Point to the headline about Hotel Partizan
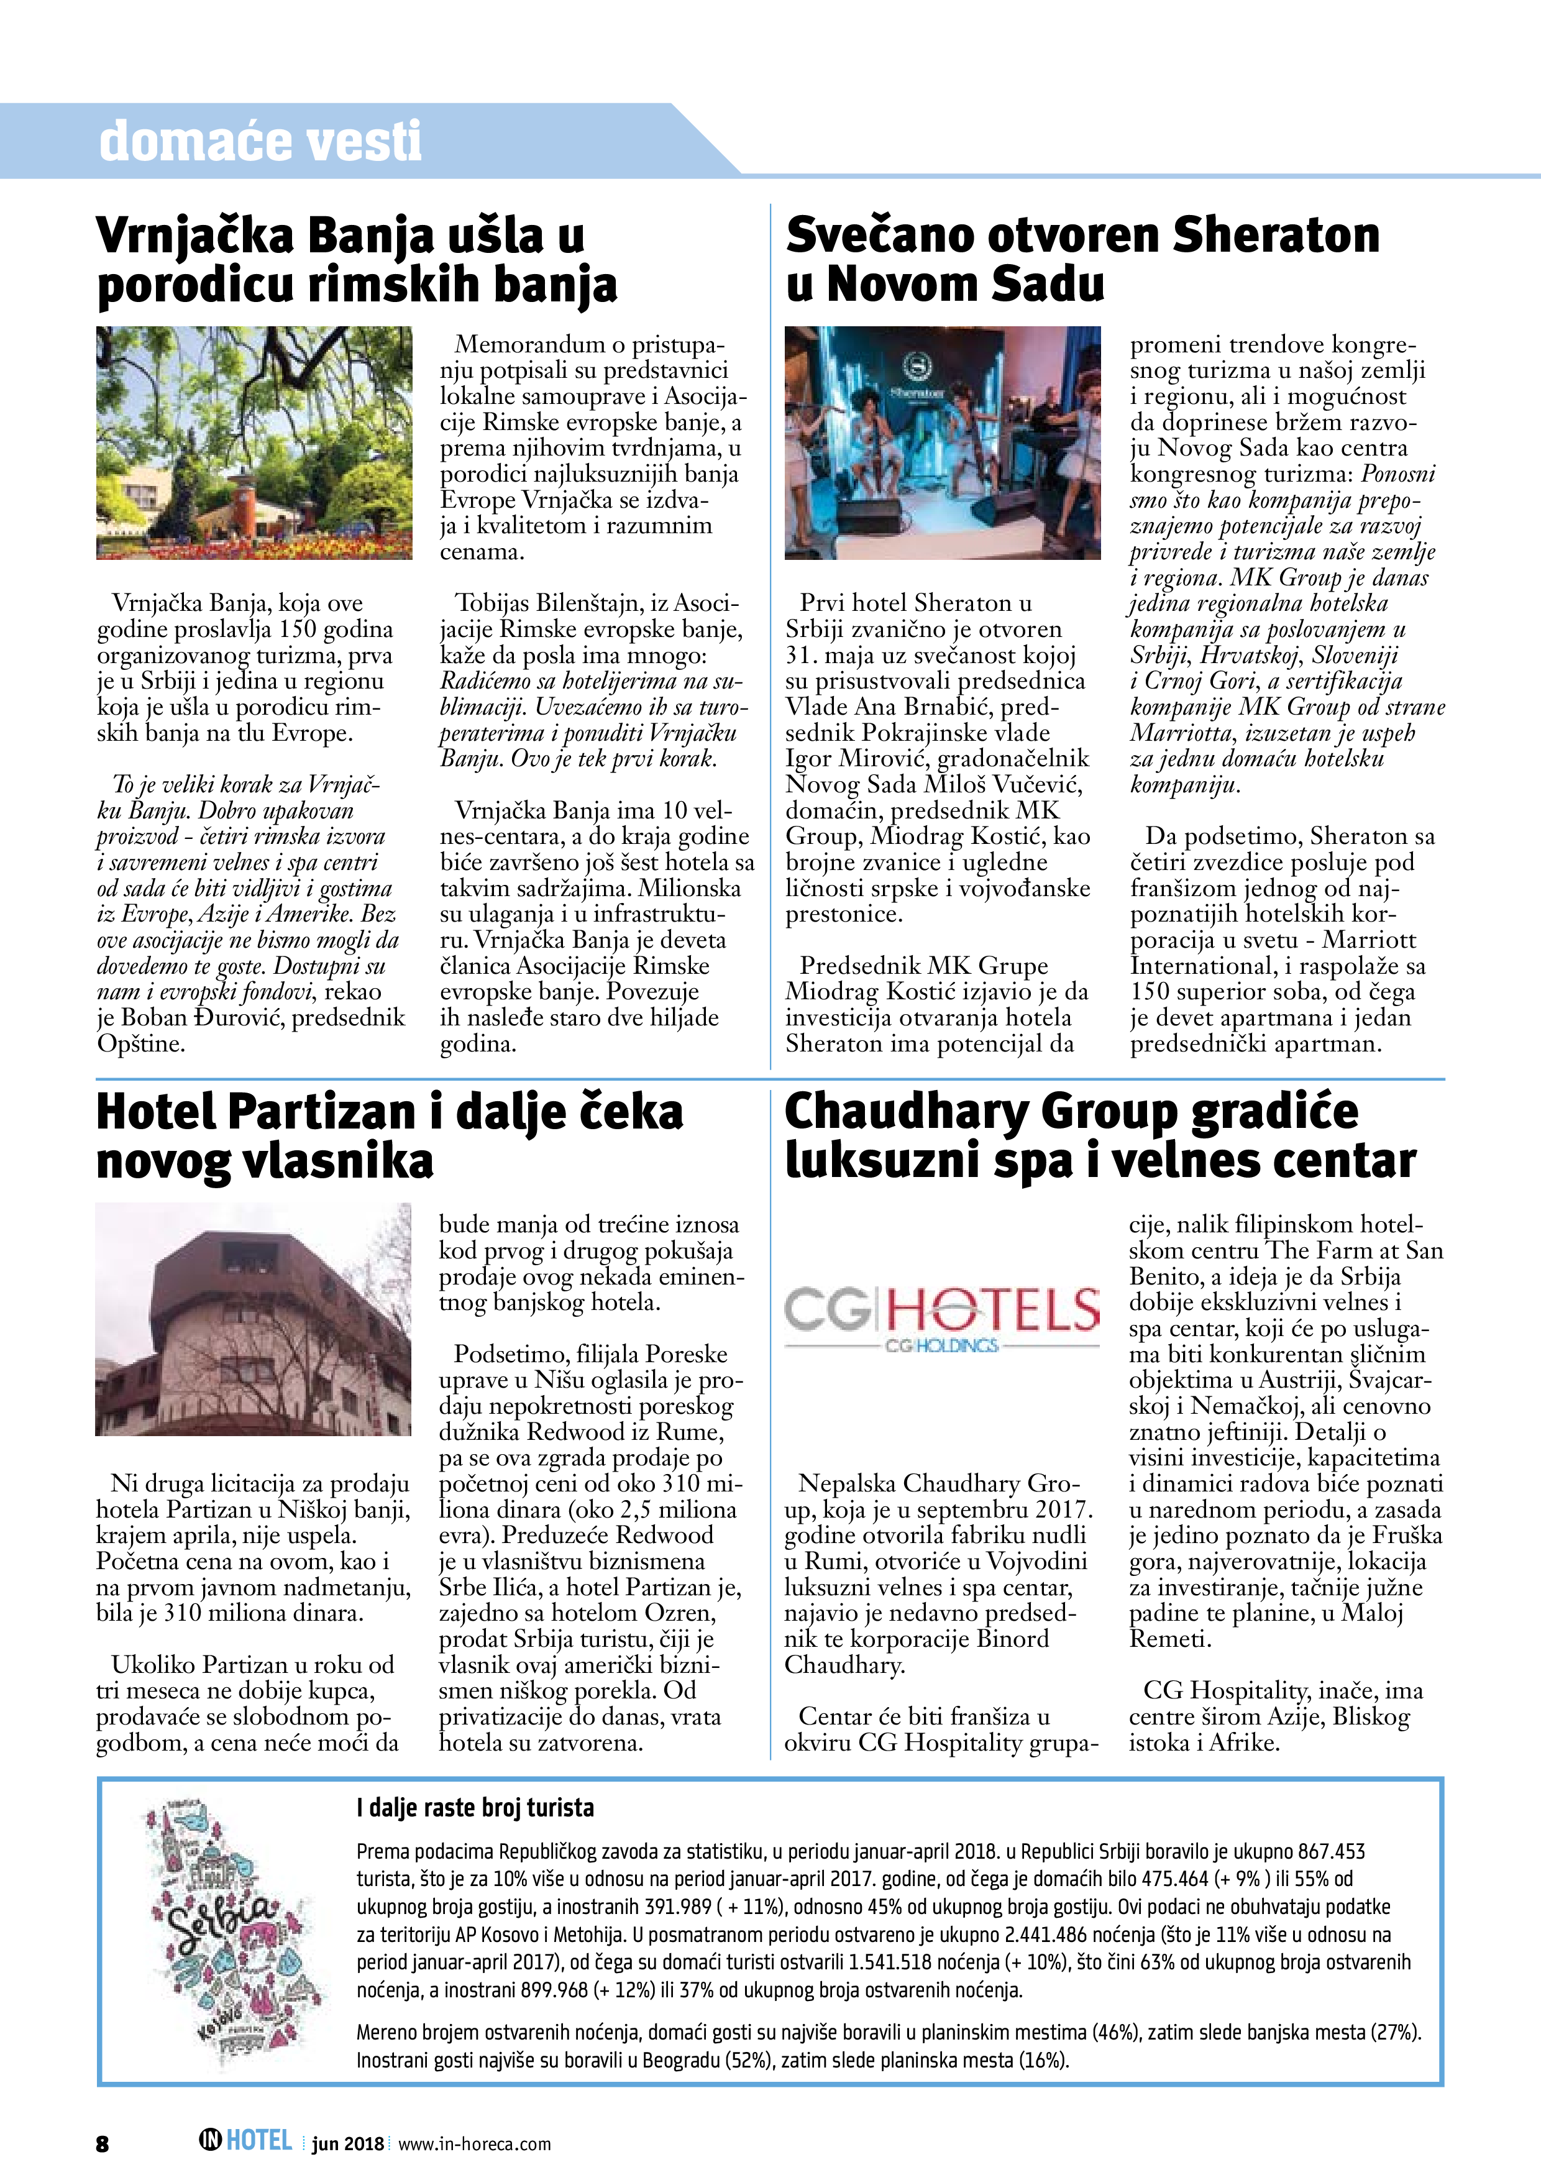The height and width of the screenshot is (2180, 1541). tap(389, 1135)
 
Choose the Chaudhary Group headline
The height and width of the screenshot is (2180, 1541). tap(1099, 1135)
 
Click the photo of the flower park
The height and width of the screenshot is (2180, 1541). tap(255, 442)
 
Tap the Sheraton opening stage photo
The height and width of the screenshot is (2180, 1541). tap(942, 442)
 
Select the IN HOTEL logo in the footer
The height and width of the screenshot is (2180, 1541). tap(245, 2140)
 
